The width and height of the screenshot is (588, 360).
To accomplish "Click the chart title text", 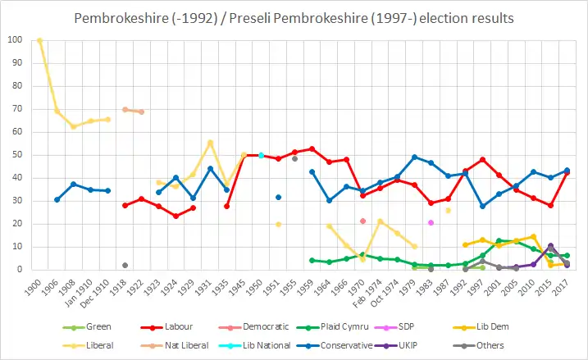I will (x=294, y=17).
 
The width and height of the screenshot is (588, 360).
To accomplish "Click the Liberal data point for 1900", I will (x=39, y=40).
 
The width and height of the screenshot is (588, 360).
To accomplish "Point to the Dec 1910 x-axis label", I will (x=103, y=291).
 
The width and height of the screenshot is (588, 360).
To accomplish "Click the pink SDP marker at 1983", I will (x=431, y=222).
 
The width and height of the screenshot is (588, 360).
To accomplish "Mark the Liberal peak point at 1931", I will (x=210, y=143).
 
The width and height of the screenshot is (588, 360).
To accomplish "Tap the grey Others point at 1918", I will (x=125, y=265).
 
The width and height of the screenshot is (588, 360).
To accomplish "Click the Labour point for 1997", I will (x=483, y=159).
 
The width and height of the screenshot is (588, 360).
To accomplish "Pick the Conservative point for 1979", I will (x=414, y=157).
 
